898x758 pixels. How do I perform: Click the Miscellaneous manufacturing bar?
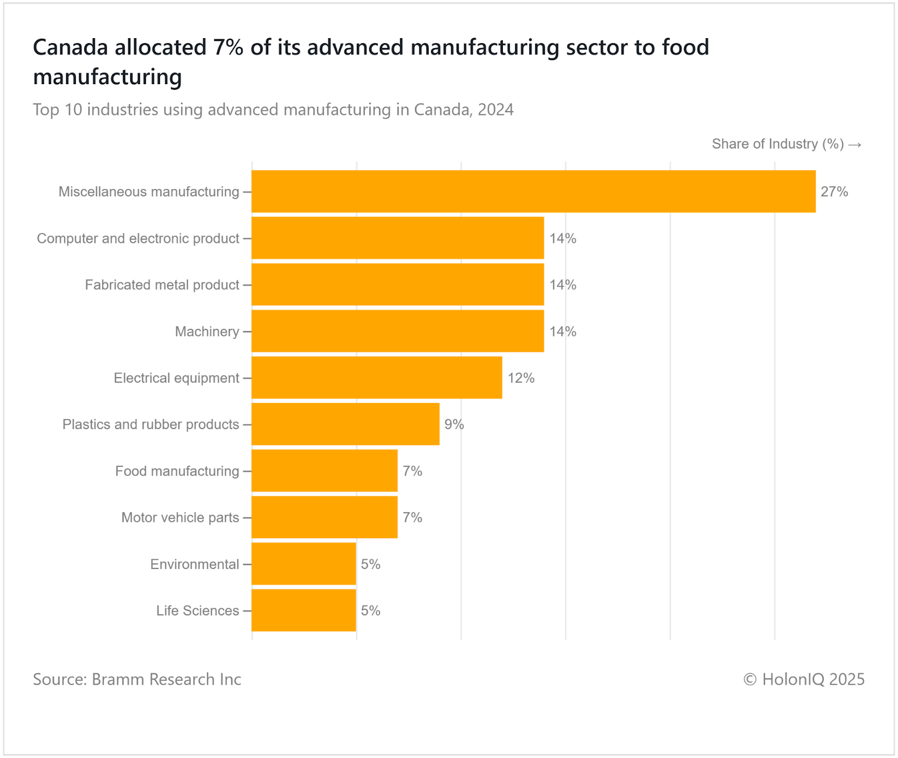533,191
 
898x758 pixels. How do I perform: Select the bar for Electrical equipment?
377,378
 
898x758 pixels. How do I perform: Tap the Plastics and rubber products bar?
345,424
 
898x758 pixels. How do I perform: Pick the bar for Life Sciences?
304,610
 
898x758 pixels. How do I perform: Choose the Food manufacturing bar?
324,471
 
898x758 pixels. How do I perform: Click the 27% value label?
834,192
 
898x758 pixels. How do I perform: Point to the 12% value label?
521,378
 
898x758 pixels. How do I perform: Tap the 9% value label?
454,425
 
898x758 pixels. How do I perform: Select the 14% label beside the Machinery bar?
562,332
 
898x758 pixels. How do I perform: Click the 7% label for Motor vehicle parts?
412,517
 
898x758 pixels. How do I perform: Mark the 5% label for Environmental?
370,564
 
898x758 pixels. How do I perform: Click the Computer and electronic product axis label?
138,238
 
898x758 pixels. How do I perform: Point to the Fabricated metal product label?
162,285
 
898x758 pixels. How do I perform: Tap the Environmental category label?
195,564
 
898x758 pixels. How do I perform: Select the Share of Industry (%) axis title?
777,144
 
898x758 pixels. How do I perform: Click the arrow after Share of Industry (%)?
855,145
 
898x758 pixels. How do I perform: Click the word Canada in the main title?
70,48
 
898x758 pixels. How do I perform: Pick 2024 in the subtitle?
496,109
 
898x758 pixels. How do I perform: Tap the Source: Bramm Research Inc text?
137,679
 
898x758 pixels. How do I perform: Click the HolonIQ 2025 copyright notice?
804,679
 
